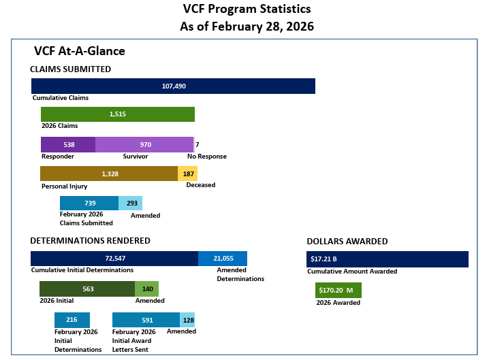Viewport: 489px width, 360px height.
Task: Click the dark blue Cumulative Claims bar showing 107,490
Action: click(173, 86)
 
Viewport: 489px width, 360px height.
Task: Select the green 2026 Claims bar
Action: click(118, 114)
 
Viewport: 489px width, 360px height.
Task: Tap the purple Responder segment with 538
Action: click(68, 144)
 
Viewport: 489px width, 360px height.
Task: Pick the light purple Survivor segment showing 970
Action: click(144, 144)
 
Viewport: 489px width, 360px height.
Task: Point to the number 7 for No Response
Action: click(197, 144)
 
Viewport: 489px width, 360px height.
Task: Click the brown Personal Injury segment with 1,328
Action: click(109, 174)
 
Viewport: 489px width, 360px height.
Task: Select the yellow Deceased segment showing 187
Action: click(188, 174)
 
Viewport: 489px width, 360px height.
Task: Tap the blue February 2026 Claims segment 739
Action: click(89, 203)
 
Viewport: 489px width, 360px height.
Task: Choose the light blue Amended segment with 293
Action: click(131, 203)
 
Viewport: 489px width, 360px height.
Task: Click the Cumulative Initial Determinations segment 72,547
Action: click(114, 259)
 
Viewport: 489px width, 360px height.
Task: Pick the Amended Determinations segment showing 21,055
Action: click(223, 259)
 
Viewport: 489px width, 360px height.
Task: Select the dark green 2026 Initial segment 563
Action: click(87, 289)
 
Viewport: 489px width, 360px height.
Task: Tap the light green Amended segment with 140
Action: click(146, 289)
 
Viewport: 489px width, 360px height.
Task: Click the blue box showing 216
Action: click(72, 320)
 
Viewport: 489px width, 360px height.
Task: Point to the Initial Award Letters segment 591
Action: click(146, 320)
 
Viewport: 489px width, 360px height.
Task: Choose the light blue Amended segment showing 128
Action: click(187, 320)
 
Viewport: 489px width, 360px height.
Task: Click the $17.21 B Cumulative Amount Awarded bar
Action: click(387, 259)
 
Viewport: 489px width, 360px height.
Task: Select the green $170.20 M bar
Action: click(338, 290)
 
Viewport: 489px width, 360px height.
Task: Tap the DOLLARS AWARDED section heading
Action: click(347, 242)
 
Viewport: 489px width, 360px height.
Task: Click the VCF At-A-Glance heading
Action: click(79, 51)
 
